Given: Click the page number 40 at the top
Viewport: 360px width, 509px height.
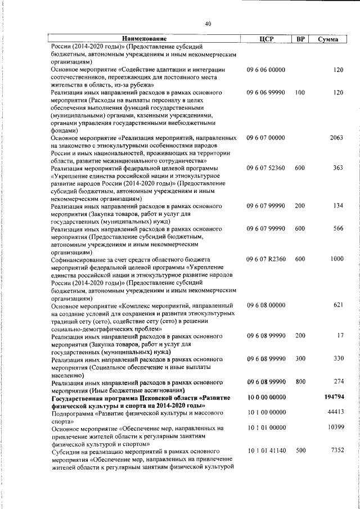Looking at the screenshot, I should coord(208,24).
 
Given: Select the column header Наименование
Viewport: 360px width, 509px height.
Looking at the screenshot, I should coord(145,39).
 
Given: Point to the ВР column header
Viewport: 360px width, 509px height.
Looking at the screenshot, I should coord(300,39).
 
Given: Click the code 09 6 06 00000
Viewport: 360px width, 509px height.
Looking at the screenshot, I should coord(266,70).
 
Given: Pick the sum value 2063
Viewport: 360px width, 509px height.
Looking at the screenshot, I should coord(336,137).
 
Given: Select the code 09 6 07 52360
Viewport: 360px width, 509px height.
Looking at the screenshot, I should coord(266,168).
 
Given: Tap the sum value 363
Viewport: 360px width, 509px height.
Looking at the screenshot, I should coord(337,168).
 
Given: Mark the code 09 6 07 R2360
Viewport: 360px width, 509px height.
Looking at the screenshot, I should coord(267,259).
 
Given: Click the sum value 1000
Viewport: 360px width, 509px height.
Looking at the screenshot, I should coord(336,259).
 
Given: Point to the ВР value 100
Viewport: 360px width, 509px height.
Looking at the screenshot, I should coord(300,92).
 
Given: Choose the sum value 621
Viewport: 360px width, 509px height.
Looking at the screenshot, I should coord(337,305).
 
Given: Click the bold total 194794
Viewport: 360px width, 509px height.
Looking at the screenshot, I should coord(334,397).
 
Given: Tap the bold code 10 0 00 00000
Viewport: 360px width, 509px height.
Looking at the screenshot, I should coord(266,397).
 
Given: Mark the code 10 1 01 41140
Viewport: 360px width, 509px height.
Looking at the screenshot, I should coord(266,451).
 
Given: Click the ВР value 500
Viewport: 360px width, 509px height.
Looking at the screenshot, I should coord(300,451).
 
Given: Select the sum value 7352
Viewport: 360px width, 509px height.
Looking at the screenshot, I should coord(336,451).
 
